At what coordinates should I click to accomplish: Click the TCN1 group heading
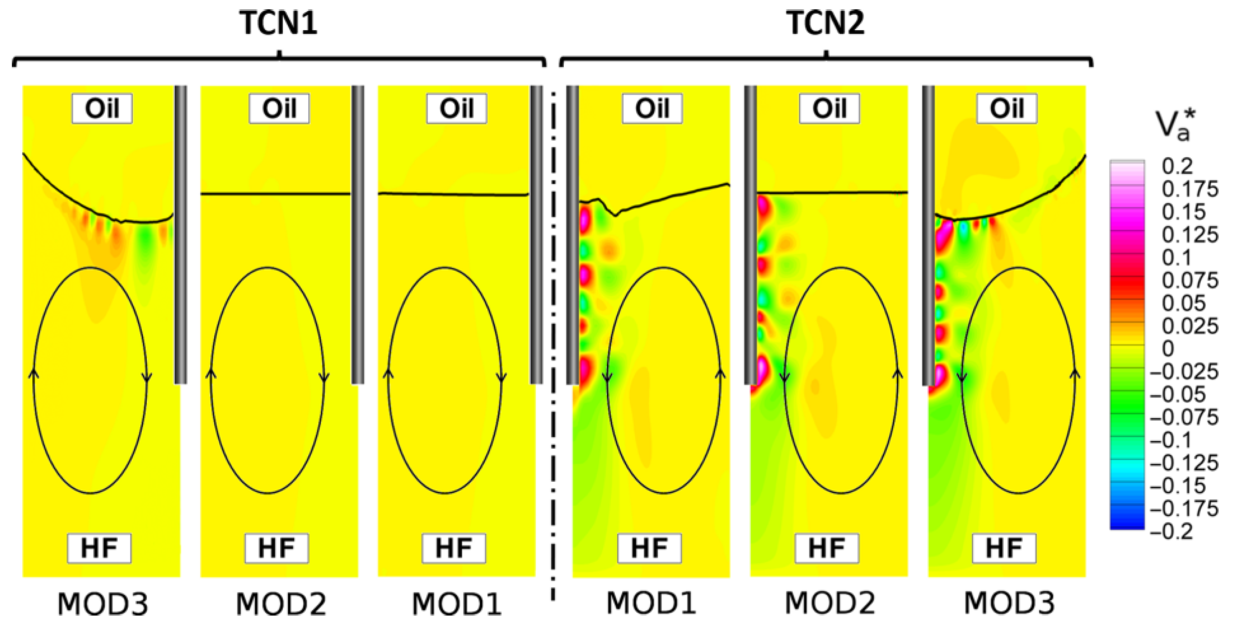click(278, 22)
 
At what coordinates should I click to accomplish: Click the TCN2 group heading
click(826, 22)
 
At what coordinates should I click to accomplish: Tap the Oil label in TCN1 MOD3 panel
click(102, 109)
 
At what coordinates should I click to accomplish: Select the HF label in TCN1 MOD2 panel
click(277, 548)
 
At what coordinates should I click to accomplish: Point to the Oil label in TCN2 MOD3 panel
click(1007, 109)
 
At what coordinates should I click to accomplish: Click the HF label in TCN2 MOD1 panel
click(649, 548)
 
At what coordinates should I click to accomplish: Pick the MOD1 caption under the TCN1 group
click(457, 604)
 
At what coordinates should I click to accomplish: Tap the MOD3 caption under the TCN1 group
click(103, 604)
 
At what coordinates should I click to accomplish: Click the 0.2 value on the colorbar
click(1178, 166)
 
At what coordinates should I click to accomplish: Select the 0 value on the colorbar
click(1168, 349)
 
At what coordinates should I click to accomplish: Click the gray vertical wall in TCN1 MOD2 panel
click(358, 235)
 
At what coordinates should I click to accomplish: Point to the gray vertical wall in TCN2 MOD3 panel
click(928, 235)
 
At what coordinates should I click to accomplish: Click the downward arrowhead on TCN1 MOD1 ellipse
click(502, 377)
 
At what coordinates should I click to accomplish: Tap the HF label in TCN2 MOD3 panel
click(1004, 548)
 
